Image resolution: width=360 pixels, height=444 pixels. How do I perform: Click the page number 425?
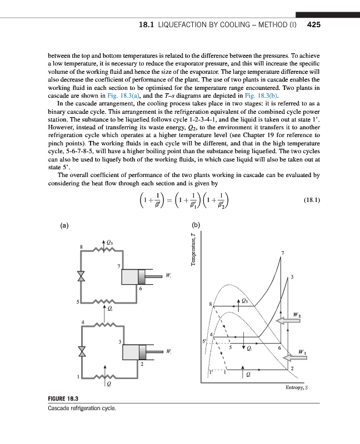point(313,25)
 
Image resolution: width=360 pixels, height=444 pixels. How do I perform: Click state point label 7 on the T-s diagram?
point(283,254)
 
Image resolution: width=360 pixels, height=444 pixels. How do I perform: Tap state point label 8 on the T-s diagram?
point(210,304)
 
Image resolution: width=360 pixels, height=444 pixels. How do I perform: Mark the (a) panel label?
point(65,225)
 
